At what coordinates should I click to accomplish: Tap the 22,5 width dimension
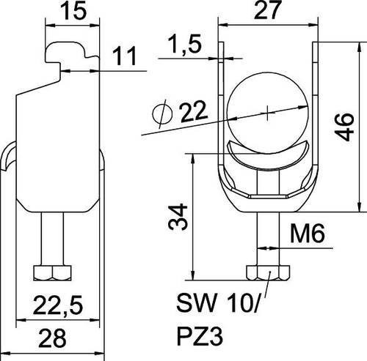58,305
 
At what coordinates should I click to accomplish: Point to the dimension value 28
52,338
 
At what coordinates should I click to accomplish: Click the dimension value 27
267,10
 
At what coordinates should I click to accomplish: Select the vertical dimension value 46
344,127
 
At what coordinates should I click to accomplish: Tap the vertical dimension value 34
178,217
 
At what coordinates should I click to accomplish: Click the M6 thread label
308,234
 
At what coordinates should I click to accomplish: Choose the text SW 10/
217,303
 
